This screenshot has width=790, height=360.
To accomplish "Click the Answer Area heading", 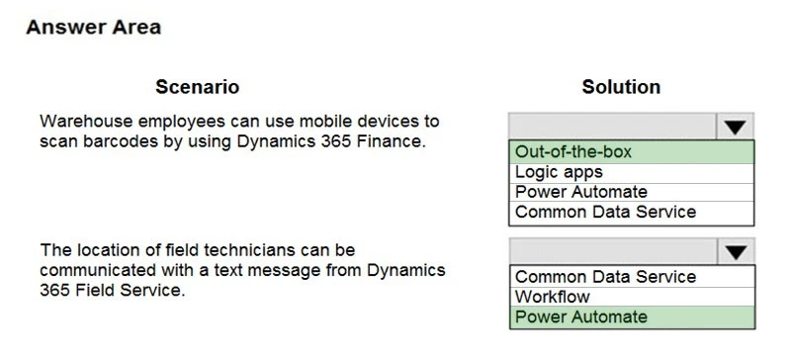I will tap(93, 27).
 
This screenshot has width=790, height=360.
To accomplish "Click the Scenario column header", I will tap(197, 87).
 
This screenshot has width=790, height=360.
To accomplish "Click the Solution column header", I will tap(621, 87).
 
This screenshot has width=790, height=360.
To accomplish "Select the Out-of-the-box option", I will tap(573, 152).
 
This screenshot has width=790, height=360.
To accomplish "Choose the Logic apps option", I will tap(559, 172).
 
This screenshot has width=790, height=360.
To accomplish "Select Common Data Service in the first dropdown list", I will tap(605, 212).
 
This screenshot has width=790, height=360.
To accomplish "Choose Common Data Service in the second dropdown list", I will tap(605, 277).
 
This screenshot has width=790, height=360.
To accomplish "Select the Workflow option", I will tap(552, 297).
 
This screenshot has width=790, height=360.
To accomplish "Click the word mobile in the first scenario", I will tap(319, 122).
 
